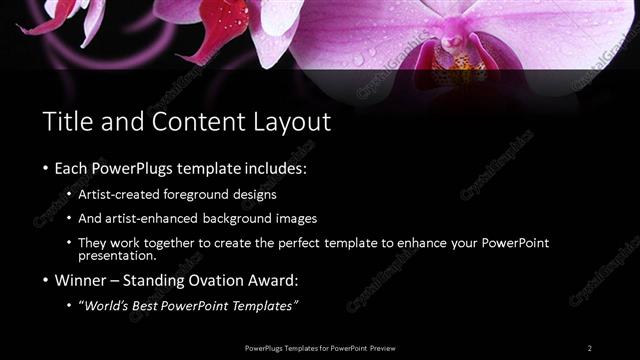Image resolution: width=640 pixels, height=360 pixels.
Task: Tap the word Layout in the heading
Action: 292,122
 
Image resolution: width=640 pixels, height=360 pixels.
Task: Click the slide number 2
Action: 590,347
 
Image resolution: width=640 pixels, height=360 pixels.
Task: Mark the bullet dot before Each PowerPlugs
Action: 48,167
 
